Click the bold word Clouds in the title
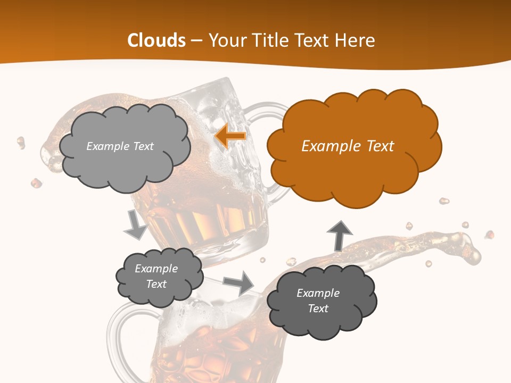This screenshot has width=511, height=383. click(156, 40)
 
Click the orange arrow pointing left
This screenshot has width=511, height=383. click(230, 136)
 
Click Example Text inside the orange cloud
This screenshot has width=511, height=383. click(348, 146)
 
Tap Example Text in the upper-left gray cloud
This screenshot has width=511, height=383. click(120, 146)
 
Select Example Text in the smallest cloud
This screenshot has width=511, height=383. click(156, 276)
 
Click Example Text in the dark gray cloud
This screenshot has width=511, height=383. click(318, 301)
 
